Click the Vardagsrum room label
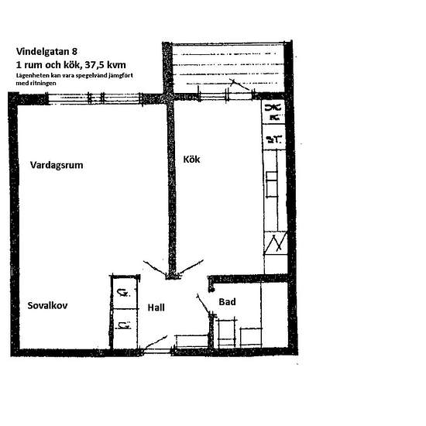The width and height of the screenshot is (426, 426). point(57,165)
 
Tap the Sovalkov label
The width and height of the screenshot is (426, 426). point(47,305)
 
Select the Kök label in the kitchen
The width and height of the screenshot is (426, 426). point(191,160)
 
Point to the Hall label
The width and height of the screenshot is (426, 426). point(156,307)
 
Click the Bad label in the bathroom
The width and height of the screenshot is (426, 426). point(227,302)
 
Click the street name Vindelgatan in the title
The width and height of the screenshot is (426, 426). point(43,51)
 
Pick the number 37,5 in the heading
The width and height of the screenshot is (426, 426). point(94,65)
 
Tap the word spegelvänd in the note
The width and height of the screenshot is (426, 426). point(91,76)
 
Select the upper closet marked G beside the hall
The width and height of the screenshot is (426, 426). point(124,293)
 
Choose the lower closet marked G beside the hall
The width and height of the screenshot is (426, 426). point(124,328)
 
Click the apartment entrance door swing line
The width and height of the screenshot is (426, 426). point(155,342)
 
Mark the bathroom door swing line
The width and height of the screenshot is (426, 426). point(203,304)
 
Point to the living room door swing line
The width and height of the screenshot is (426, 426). point(155,268)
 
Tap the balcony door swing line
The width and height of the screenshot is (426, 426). point(239,84)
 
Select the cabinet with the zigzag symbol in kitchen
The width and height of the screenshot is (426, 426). point(276,243)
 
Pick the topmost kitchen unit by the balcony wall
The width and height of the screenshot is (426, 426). point(273,112)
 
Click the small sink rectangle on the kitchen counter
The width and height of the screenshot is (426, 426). point(272,184)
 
